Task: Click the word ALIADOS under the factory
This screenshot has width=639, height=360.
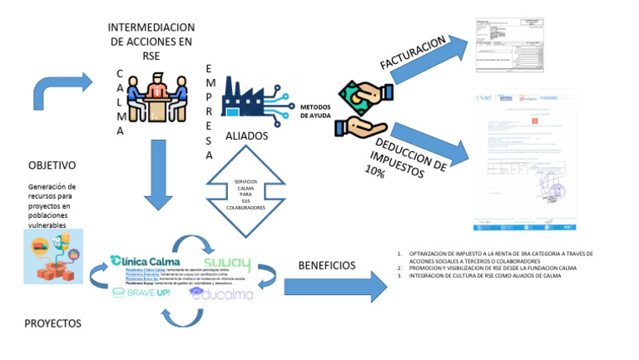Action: [246, 136]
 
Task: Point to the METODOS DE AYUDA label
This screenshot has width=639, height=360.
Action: [318, 111]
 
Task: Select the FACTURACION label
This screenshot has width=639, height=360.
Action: [412, 54]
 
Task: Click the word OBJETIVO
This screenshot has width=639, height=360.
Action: [52, 165]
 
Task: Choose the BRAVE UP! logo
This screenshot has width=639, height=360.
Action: [143, 293]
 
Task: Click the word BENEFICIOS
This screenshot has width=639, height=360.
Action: [326, 265]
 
